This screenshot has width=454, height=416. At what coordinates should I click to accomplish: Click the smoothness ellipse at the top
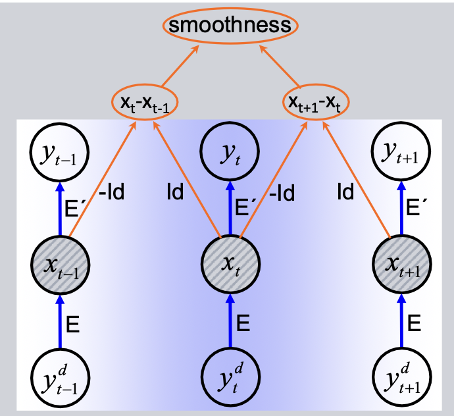(x=230, y=26)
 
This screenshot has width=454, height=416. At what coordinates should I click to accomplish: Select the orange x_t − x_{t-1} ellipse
(x=145, y=102)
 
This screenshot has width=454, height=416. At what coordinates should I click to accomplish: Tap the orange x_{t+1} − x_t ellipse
(x=316, y=102)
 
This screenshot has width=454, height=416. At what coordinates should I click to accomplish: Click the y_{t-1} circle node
(x=59, y=152)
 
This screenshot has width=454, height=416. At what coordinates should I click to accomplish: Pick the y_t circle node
(x=230, y=151)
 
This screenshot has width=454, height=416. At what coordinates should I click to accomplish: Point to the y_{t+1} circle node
(x=401, y=151)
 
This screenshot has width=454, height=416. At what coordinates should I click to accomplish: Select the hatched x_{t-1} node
(x=61, y=265)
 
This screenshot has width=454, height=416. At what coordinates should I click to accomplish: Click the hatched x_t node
(x=230, y=264)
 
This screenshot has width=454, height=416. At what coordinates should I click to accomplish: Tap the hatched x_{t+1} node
(x=402, y=264)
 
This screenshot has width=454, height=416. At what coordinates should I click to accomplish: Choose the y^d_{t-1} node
(x=61, y=378)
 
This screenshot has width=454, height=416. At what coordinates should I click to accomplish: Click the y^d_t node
(x=230, y=377)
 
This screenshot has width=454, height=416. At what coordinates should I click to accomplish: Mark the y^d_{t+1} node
(x=402, y=377)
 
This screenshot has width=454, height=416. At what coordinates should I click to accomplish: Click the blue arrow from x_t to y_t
(x=230, y=208)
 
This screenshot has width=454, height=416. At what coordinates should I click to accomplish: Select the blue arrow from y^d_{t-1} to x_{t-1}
(x=61, y=322)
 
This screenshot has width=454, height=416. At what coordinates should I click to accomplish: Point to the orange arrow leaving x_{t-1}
(x=103, y=179)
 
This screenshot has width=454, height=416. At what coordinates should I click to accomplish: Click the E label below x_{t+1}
(x=414, y=323)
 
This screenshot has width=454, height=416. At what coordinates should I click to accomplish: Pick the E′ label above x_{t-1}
(x=72, y=207)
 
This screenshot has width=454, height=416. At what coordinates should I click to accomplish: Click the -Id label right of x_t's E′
(x=282, y=192)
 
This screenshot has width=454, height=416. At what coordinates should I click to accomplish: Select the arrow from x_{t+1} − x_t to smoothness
(x=280, y=66)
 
